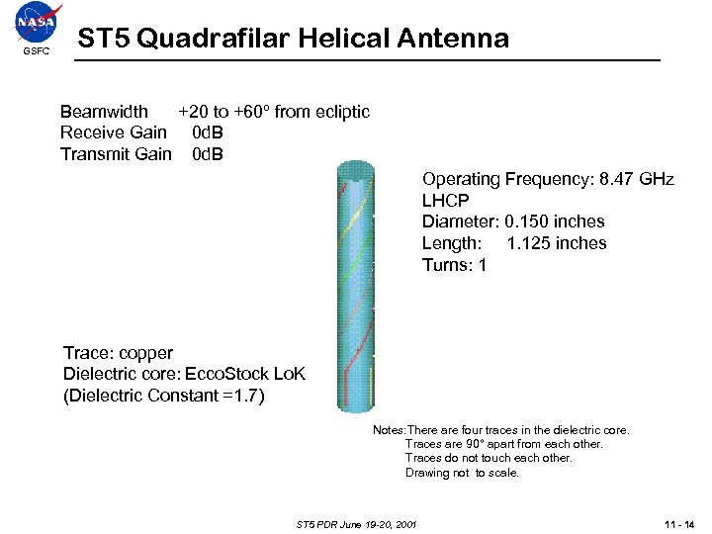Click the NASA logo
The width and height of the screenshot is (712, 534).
click(37, 22)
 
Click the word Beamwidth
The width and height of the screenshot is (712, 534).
click(104, 112)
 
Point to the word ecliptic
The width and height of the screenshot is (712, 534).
click(342, 112)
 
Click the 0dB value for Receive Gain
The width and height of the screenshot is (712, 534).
click(207, 133)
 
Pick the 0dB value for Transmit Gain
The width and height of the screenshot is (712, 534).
click(207, 154)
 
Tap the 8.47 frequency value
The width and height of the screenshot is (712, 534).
click(606, 179)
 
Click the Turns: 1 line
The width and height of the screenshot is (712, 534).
click(454, 265)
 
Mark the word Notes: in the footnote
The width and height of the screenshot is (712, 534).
click(389, 430)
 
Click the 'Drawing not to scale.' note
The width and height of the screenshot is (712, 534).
click(462, 473)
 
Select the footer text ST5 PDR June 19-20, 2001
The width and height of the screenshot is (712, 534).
click(356, 523)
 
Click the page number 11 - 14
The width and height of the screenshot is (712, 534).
click(677, 523)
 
